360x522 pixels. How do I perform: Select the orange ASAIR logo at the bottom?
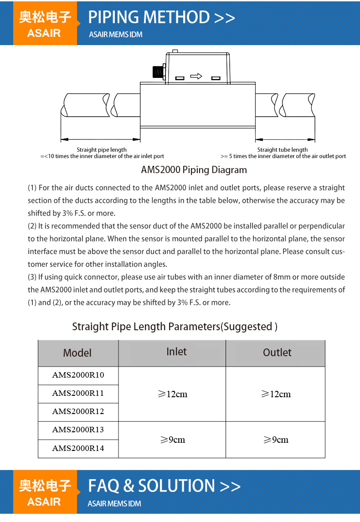click(45, 493)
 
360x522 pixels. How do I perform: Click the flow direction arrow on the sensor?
click(196, 77)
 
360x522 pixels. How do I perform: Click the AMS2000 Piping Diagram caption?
click(194, 170)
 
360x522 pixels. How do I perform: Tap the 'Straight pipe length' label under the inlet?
click(102, 149)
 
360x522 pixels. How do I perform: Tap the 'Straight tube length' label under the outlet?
click(283, 149)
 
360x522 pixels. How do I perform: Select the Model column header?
click(77, 353)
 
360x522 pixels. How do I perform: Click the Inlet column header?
click(176, 352)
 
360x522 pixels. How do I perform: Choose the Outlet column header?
click(277, 353)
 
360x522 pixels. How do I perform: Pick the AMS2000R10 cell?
click(78, 375)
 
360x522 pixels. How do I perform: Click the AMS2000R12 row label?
click(78, 412)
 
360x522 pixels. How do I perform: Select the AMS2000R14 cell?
click(78, 448)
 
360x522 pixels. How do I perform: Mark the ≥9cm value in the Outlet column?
click(276, 440)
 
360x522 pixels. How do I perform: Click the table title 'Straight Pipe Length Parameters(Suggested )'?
click(175, 327)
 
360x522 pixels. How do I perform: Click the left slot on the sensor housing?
click(180, 78)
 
